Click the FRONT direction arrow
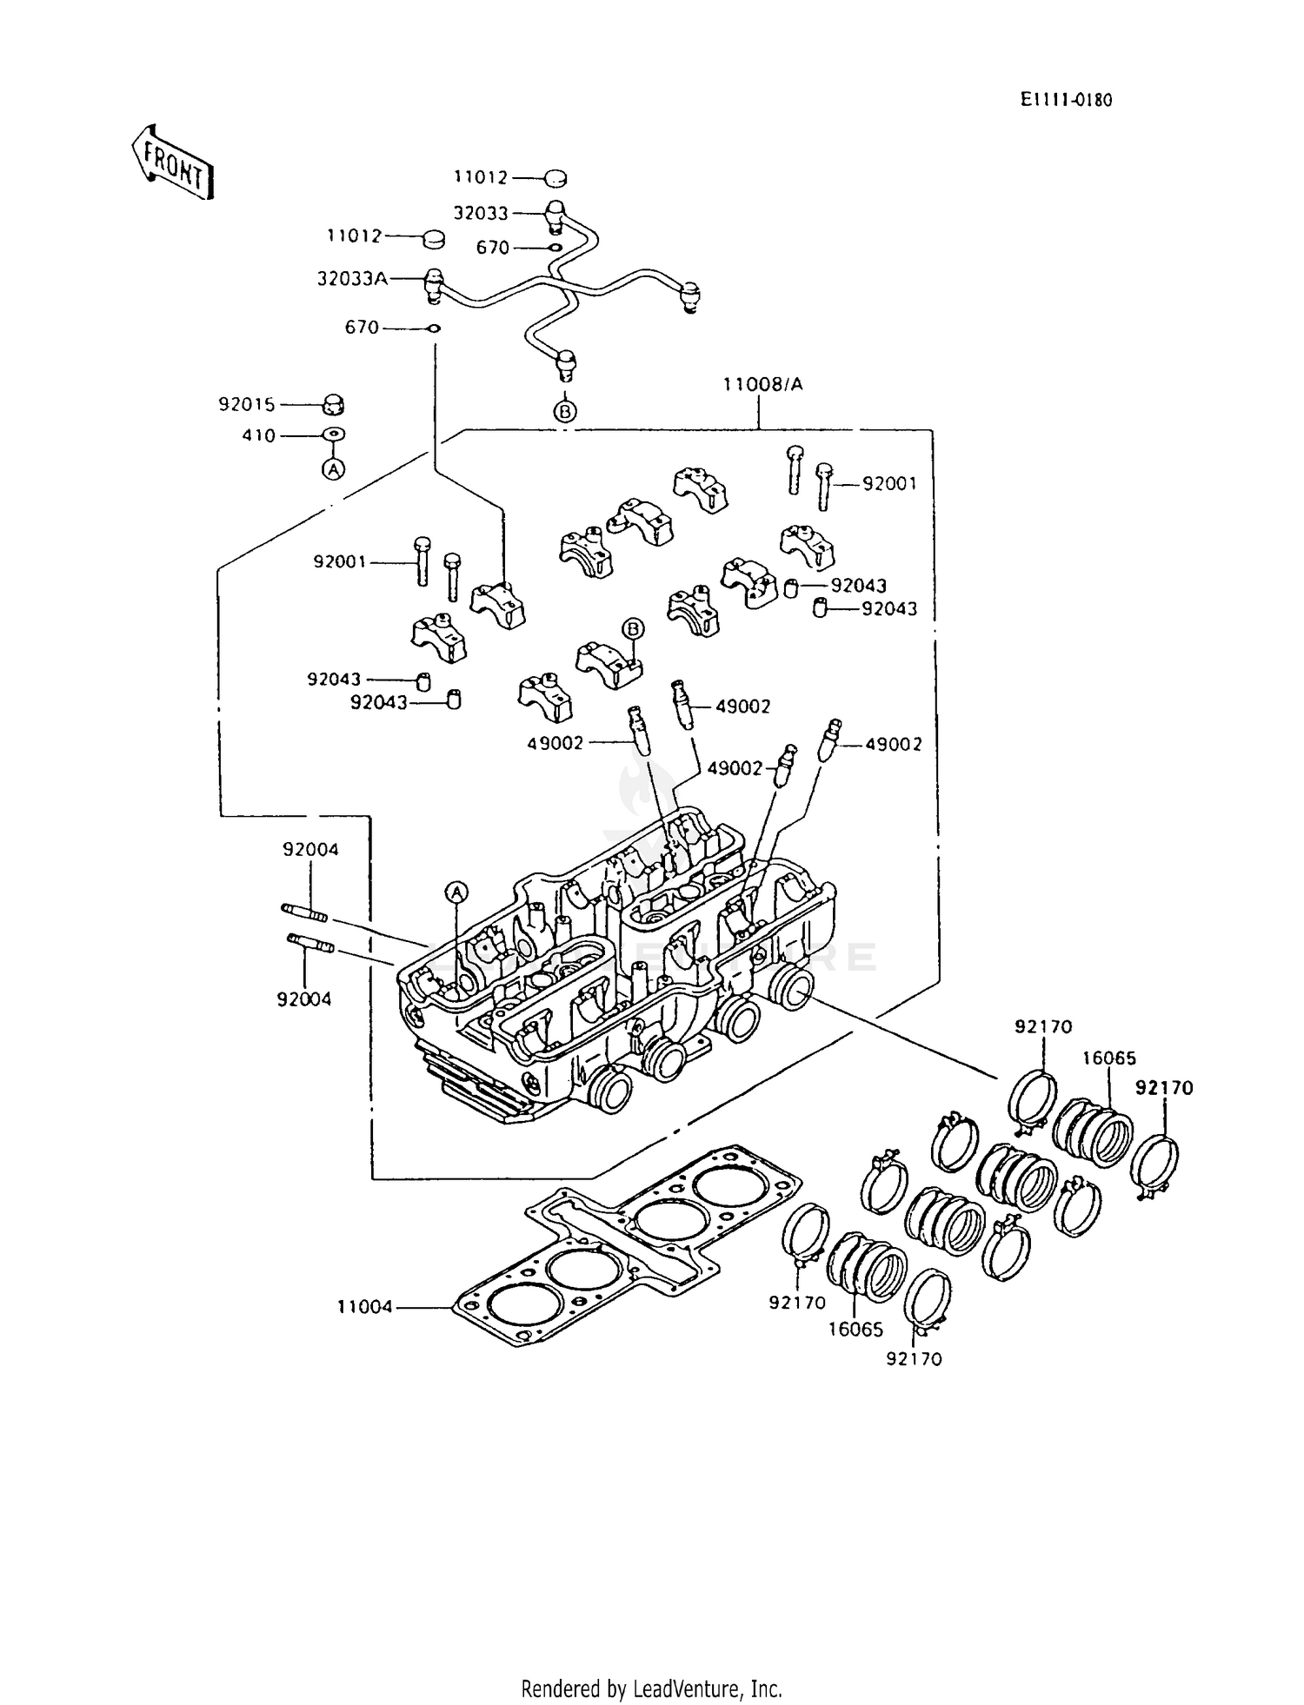click(172, 163)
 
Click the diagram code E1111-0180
click(1066, 100)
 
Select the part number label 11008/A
click(762, 384)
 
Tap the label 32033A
click(352, 279)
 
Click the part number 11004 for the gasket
click(365, 1306)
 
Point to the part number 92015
click(246, 405)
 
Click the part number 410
click(258, 436)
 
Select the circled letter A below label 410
click(333, 469)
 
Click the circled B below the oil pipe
click(565, 411)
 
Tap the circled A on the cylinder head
click(456, 891)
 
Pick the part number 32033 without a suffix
click(481, 213)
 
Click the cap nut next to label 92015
click(333, 405)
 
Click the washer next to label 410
click(335, 435)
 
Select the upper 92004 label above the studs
click(310, 850)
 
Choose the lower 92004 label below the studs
click(304, 1000)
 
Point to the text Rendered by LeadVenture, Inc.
click(651, 1688)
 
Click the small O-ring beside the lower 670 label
click(433, 328)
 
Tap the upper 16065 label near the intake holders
click(1109, 1058)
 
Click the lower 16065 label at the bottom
click(855, 1330)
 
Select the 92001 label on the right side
click(889, 484)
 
